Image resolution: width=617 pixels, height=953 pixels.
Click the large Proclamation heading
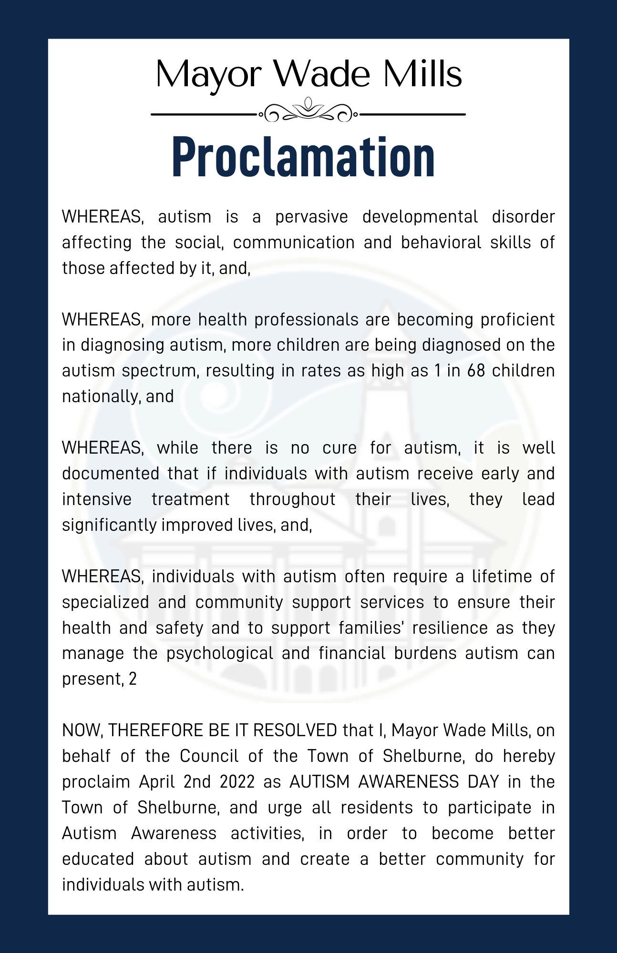point(303,157)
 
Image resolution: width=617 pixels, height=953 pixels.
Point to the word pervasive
point(311,217)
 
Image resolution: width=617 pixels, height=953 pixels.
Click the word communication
point(294,243)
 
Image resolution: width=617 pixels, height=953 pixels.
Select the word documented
point(111,474)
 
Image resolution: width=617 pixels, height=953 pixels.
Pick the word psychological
point(220,653)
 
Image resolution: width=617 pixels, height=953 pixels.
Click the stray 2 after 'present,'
point(133,679)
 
